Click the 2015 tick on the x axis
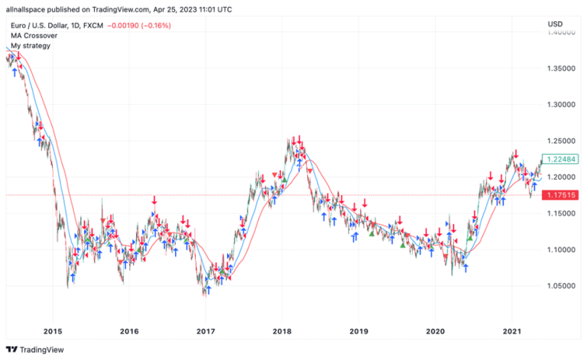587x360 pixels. point(53,331)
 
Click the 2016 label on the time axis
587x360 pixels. point(129,331)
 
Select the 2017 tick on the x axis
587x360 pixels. point(206,331)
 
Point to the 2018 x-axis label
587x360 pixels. point(282,331)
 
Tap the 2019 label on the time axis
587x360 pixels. point(358,331)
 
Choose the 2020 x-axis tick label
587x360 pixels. point(435,331)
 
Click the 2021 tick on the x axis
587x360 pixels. point(511,331)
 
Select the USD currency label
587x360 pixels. point(555,25)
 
